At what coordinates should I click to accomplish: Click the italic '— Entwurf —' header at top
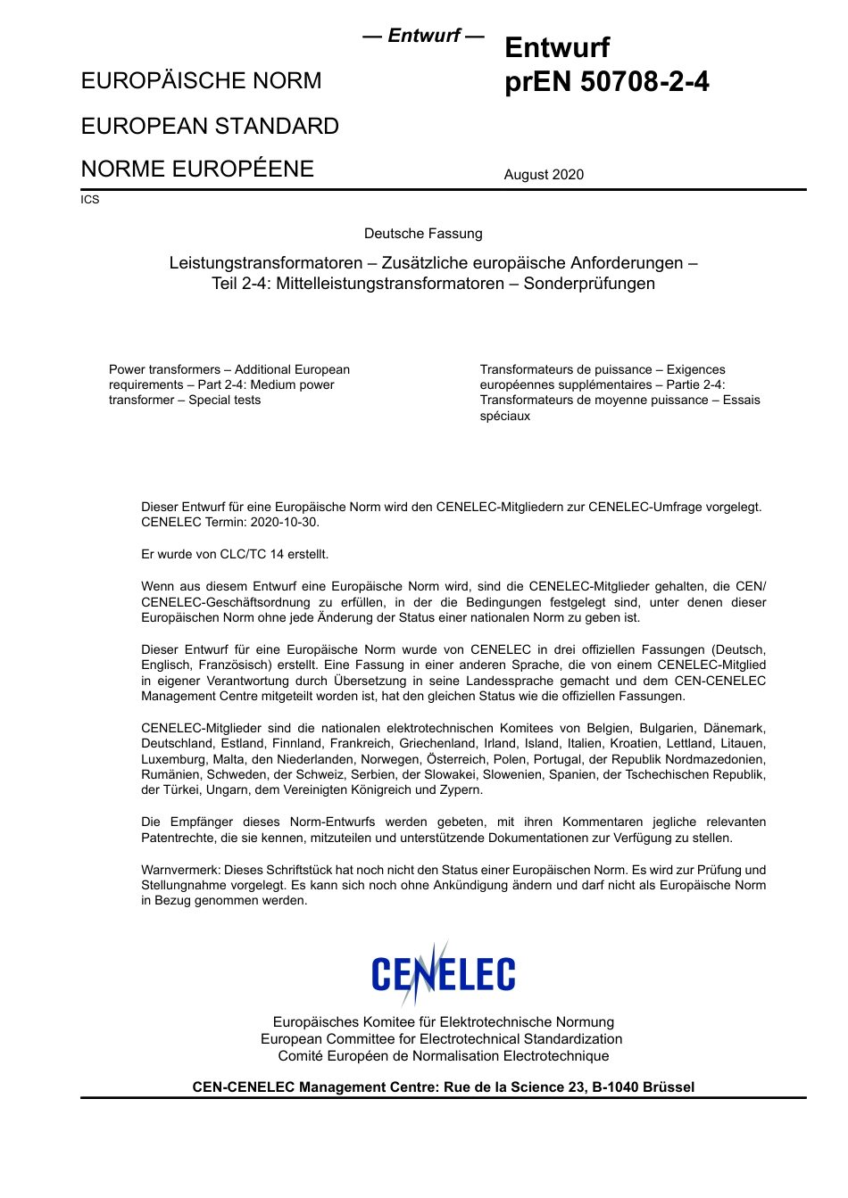(423, 36)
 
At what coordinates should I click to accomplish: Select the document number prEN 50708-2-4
(607, 82)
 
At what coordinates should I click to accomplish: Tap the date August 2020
(544, 175)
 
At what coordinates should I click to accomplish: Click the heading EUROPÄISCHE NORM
(201, 81)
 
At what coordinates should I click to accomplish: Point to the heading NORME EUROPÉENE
(197, 169)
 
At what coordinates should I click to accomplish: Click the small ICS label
(90, 200)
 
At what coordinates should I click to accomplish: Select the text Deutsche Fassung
(423, 234)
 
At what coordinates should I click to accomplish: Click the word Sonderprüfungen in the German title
(589, 284)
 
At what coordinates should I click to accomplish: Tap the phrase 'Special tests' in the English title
(225, 401)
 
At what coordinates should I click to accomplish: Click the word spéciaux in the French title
(505, 417)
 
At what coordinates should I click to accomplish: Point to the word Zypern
(457, 790)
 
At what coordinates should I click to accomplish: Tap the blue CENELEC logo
(443, 974)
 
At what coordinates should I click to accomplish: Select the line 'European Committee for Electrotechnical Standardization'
(441, 1039)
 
